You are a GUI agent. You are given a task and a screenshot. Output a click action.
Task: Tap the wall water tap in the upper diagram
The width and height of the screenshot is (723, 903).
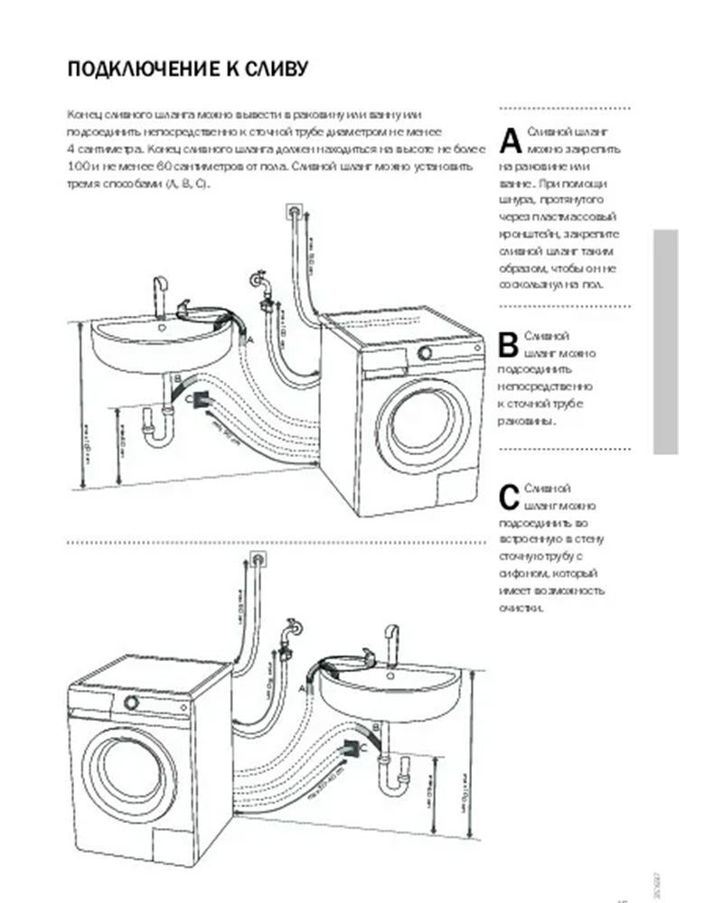[x=262, y=282]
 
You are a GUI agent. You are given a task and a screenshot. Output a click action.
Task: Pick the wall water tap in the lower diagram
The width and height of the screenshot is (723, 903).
[x=290, y=630]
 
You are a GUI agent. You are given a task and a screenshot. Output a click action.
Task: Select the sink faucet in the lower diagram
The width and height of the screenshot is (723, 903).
[x=390, y=636]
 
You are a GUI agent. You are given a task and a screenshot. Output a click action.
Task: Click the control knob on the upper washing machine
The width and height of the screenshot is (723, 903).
[x=425, y=352]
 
